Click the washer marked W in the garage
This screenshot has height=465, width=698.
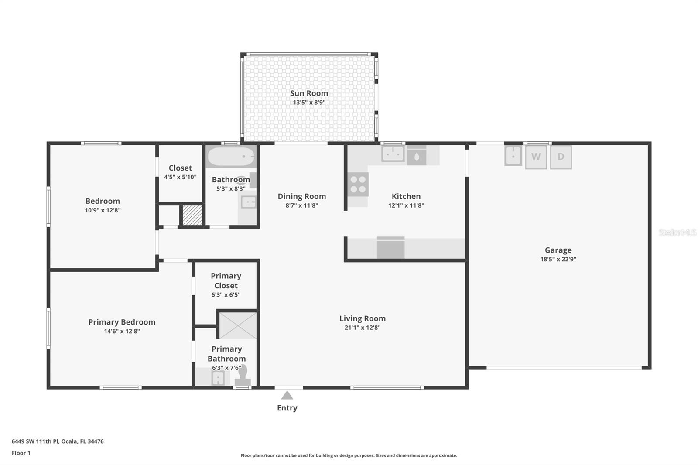[x=536, y=157]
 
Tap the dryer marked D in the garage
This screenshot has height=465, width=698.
[x=561, y=157]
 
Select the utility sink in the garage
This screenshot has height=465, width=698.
[x=513, y=155]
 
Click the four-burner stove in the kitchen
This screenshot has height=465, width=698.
[x=358, y=185]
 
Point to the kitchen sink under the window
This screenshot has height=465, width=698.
[x=393, y=154]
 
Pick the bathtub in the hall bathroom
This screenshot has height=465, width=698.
[x=231, y=157]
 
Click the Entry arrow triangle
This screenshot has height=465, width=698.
[x=287, y=396]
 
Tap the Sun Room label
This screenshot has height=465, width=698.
[x=309, y=93]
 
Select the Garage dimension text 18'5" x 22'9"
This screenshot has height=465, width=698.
[x=558, y=259]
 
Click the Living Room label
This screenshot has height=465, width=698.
[x=363, y=318]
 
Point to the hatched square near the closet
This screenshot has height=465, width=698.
[x=192, y=215]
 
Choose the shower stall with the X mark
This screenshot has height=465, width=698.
[x=238, y=325]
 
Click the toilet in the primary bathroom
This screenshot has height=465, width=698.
[x=243, y=376]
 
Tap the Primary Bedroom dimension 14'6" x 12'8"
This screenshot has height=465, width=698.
[x=122, y=331]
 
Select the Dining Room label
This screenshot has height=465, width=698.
[x=301, y=196]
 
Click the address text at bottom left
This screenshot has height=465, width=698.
[x=58, y=441]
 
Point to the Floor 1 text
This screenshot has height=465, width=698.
[x=21, y=453]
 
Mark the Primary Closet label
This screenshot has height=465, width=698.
[x=226, y=280]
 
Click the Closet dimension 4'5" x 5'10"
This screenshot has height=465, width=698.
[x=180, y=177]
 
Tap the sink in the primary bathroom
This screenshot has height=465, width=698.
[x=218, y=378]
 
